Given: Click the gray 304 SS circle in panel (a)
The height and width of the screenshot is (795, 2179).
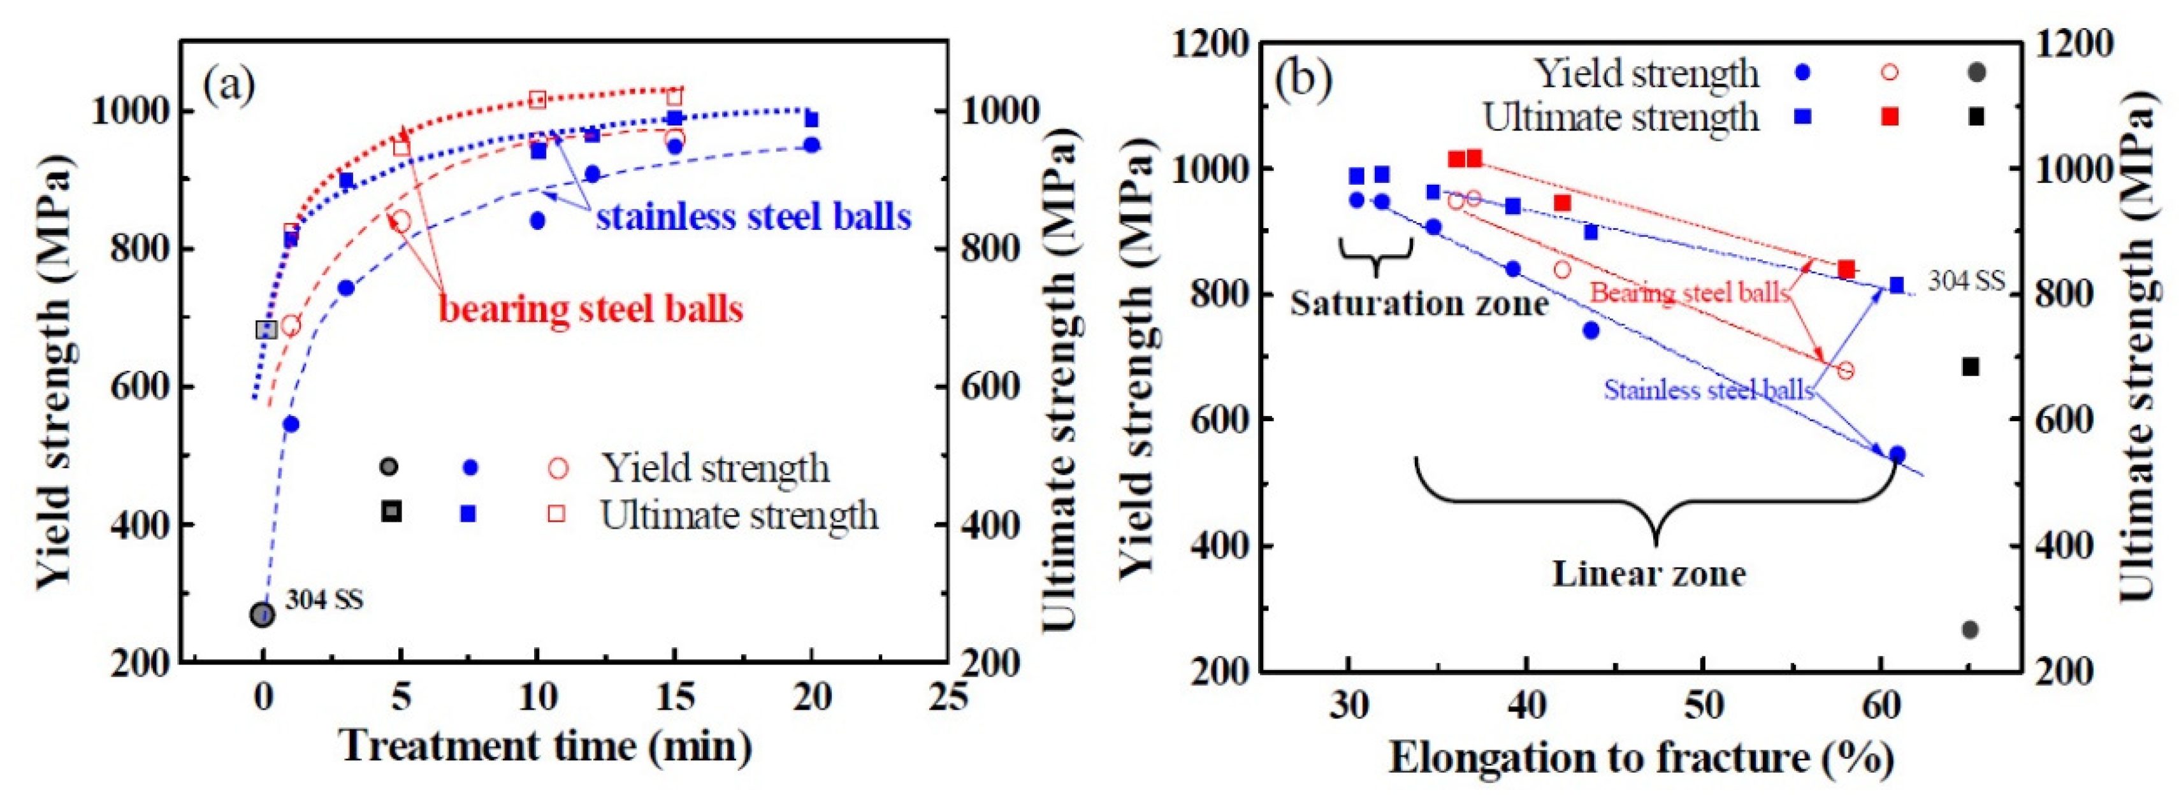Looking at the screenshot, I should point(262,615).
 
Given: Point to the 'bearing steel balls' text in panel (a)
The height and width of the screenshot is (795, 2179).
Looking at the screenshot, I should point(590,309).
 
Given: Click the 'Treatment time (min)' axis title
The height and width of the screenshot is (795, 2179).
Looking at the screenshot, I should point(546,747).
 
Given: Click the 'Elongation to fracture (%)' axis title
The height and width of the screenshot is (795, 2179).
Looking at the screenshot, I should point(1642,758).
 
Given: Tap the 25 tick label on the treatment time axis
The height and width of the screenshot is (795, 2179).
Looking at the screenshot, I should point(946,698).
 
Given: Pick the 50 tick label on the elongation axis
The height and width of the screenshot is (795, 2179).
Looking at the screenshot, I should point(1703,705).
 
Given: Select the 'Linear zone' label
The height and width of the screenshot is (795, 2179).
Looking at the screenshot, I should point(1649,574).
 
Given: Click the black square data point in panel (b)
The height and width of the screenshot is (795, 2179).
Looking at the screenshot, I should point(1971,366).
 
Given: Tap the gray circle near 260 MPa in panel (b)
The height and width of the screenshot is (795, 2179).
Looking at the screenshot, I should point(1970,629).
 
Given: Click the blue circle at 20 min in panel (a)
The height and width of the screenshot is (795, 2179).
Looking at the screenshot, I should point(811,145).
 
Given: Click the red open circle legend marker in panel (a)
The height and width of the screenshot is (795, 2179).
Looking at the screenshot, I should point(558,468).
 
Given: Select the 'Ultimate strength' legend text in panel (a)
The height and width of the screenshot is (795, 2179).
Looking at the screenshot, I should point(739,515).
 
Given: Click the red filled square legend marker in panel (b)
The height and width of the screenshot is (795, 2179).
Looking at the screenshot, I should point(1890,117).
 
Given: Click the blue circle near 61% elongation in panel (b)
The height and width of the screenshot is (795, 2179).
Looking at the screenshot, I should point(1897,455).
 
